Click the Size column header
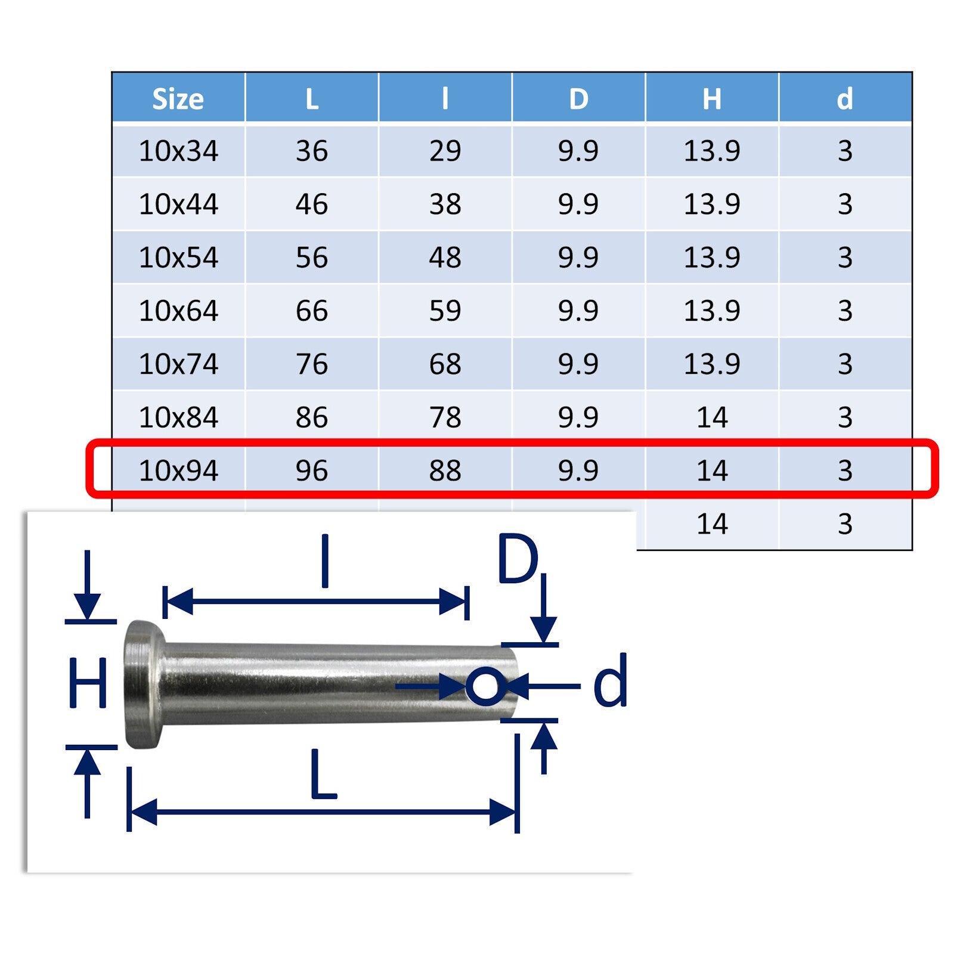(178, 99)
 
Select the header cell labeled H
(711, 99)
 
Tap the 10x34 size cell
(178, 151)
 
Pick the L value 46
(311, 205)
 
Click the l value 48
(445, 258)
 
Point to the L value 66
(311, 311)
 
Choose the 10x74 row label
(178, 364)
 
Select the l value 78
(445, 417)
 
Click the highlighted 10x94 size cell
(178, 470)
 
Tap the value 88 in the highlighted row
(445, 470)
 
